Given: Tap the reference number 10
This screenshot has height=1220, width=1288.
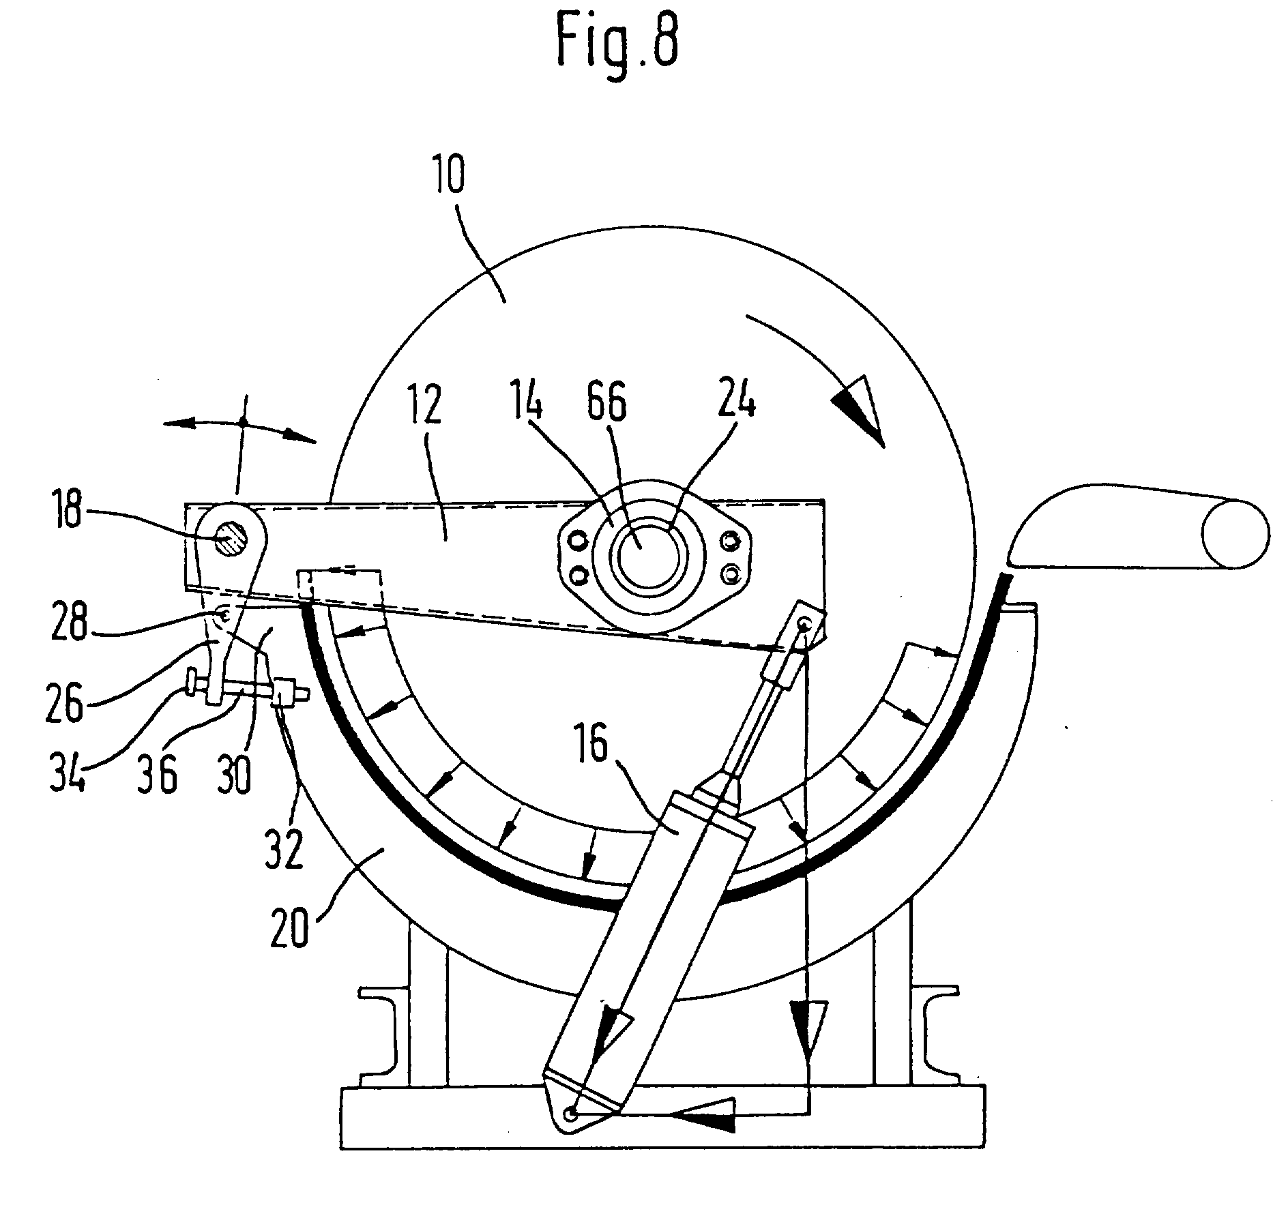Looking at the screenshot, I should [x=447, y=175].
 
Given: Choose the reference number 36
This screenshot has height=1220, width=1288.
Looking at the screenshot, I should [x=160, y=775].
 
